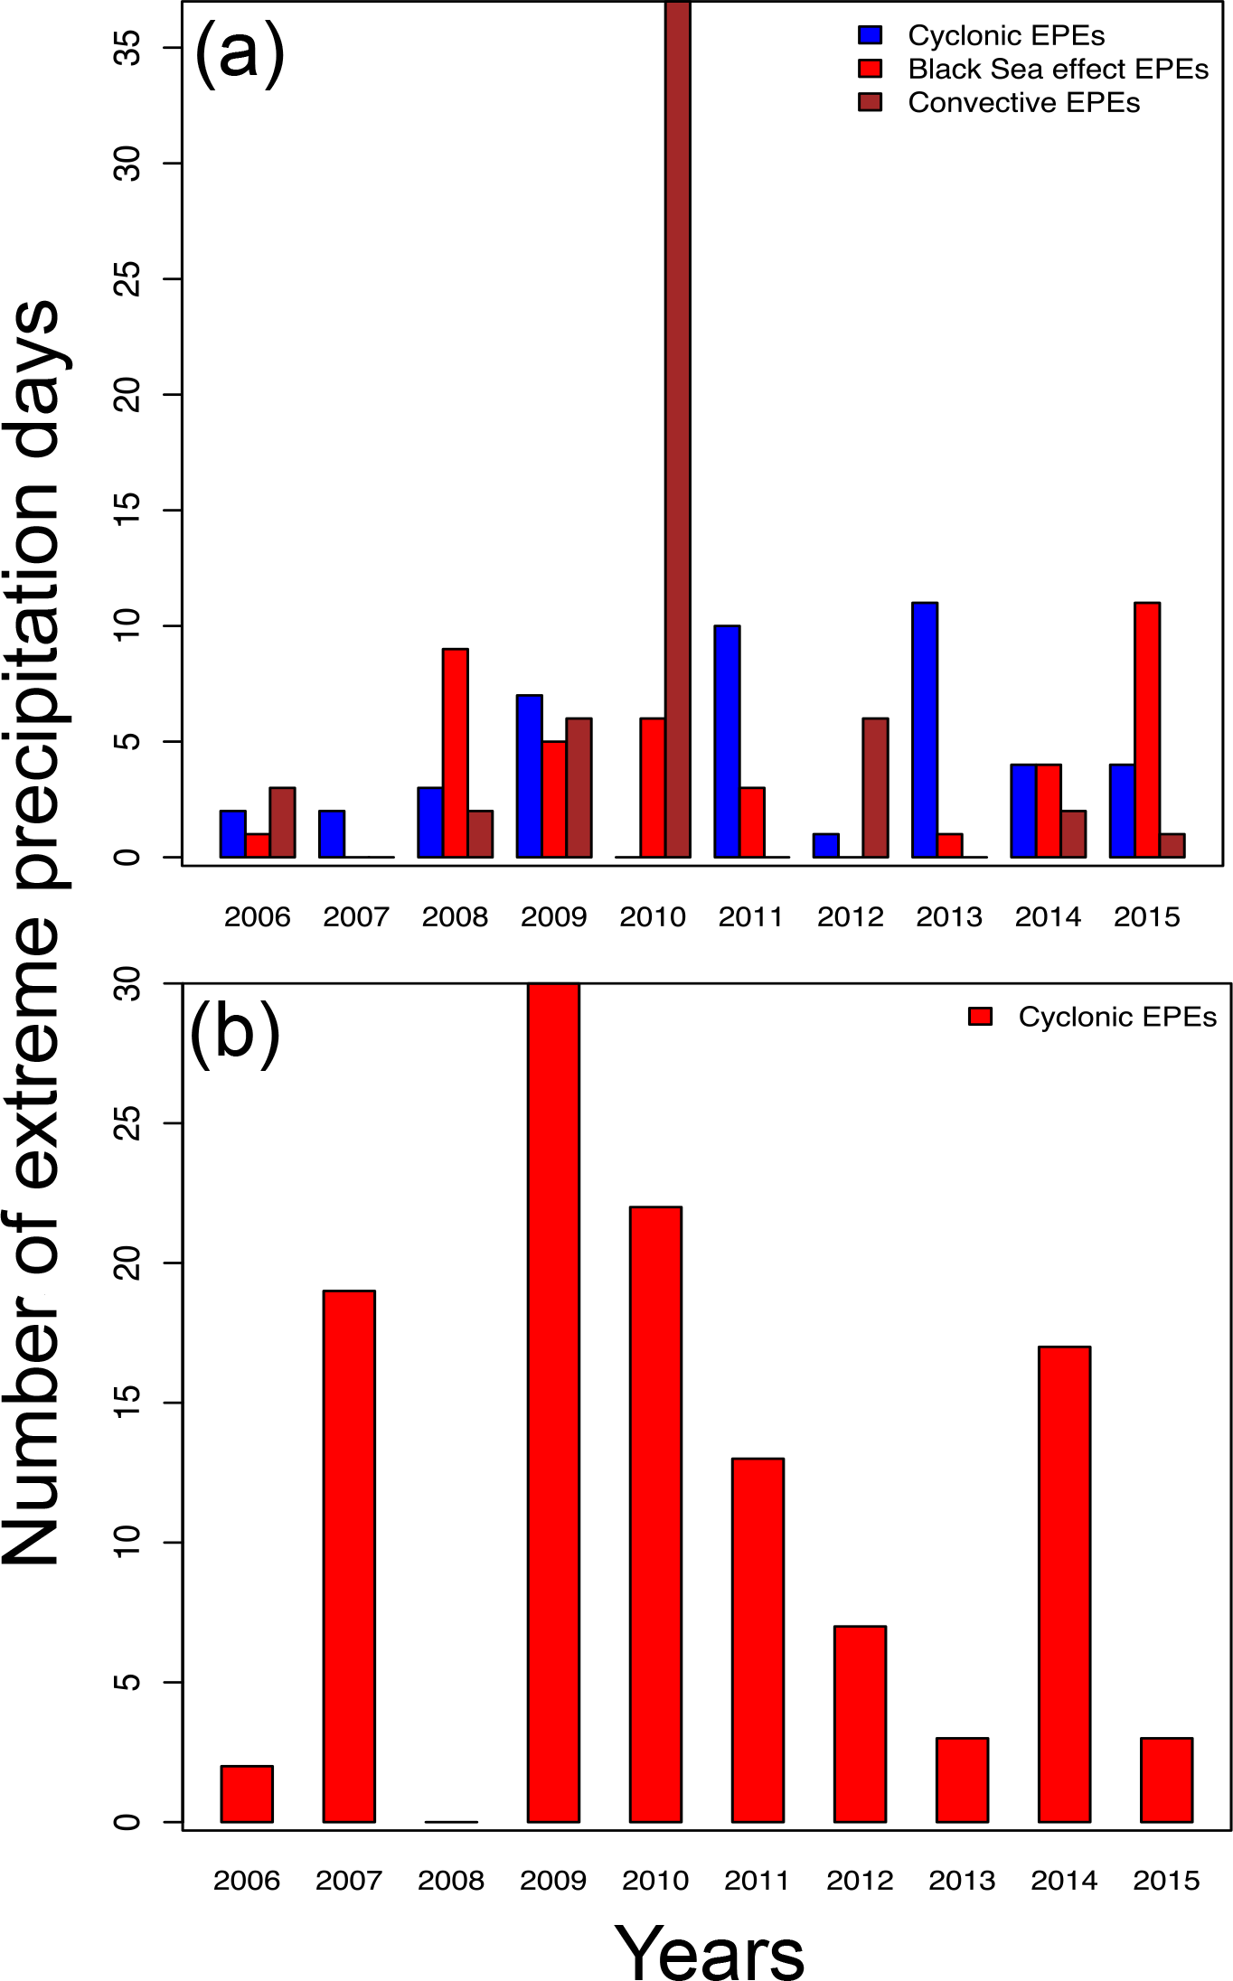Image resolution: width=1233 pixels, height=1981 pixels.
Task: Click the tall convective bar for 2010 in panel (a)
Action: [x=678, y=429]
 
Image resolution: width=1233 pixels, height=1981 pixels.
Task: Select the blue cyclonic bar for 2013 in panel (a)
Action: [x=925, y=729]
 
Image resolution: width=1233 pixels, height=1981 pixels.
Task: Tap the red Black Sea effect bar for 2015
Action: [x=1147, y=729]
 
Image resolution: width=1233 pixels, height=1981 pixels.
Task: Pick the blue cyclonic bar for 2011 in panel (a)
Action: [x=727, y=741]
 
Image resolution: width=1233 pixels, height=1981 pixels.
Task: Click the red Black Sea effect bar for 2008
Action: [x=456, y=753]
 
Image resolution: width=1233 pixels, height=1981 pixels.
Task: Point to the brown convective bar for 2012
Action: [x=875, y=787]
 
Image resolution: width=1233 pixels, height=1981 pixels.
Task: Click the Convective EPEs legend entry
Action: [x=1023, y=103]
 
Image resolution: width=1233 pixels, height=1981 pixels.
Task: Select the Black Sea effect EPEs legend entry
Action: [x=1058, y=70]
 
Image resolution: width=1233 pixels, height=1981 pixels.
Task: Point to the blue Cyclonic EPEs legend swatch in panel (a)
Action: [x=870, y=36]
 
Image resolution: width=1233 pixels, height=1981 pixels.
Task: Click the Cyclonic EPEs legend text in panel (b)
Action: [x=1117, y=1017]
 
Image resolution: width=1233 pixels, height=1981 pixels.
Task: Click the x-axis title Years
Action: [x=710, y=1952]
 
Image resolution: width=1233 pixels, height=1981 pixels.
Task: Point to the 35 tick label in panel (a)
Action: [x=129, y=47]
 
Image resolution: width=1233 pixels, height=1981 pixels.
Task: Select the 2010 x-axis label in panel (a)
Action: [x=653, y=917]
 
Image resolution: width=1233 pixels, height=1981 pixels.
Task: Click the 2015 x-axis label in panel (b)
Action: [x=1166, y=1881]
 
